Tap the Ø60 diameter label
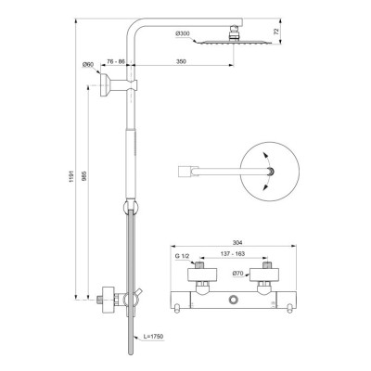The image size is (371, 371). (x=88, y=64)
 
